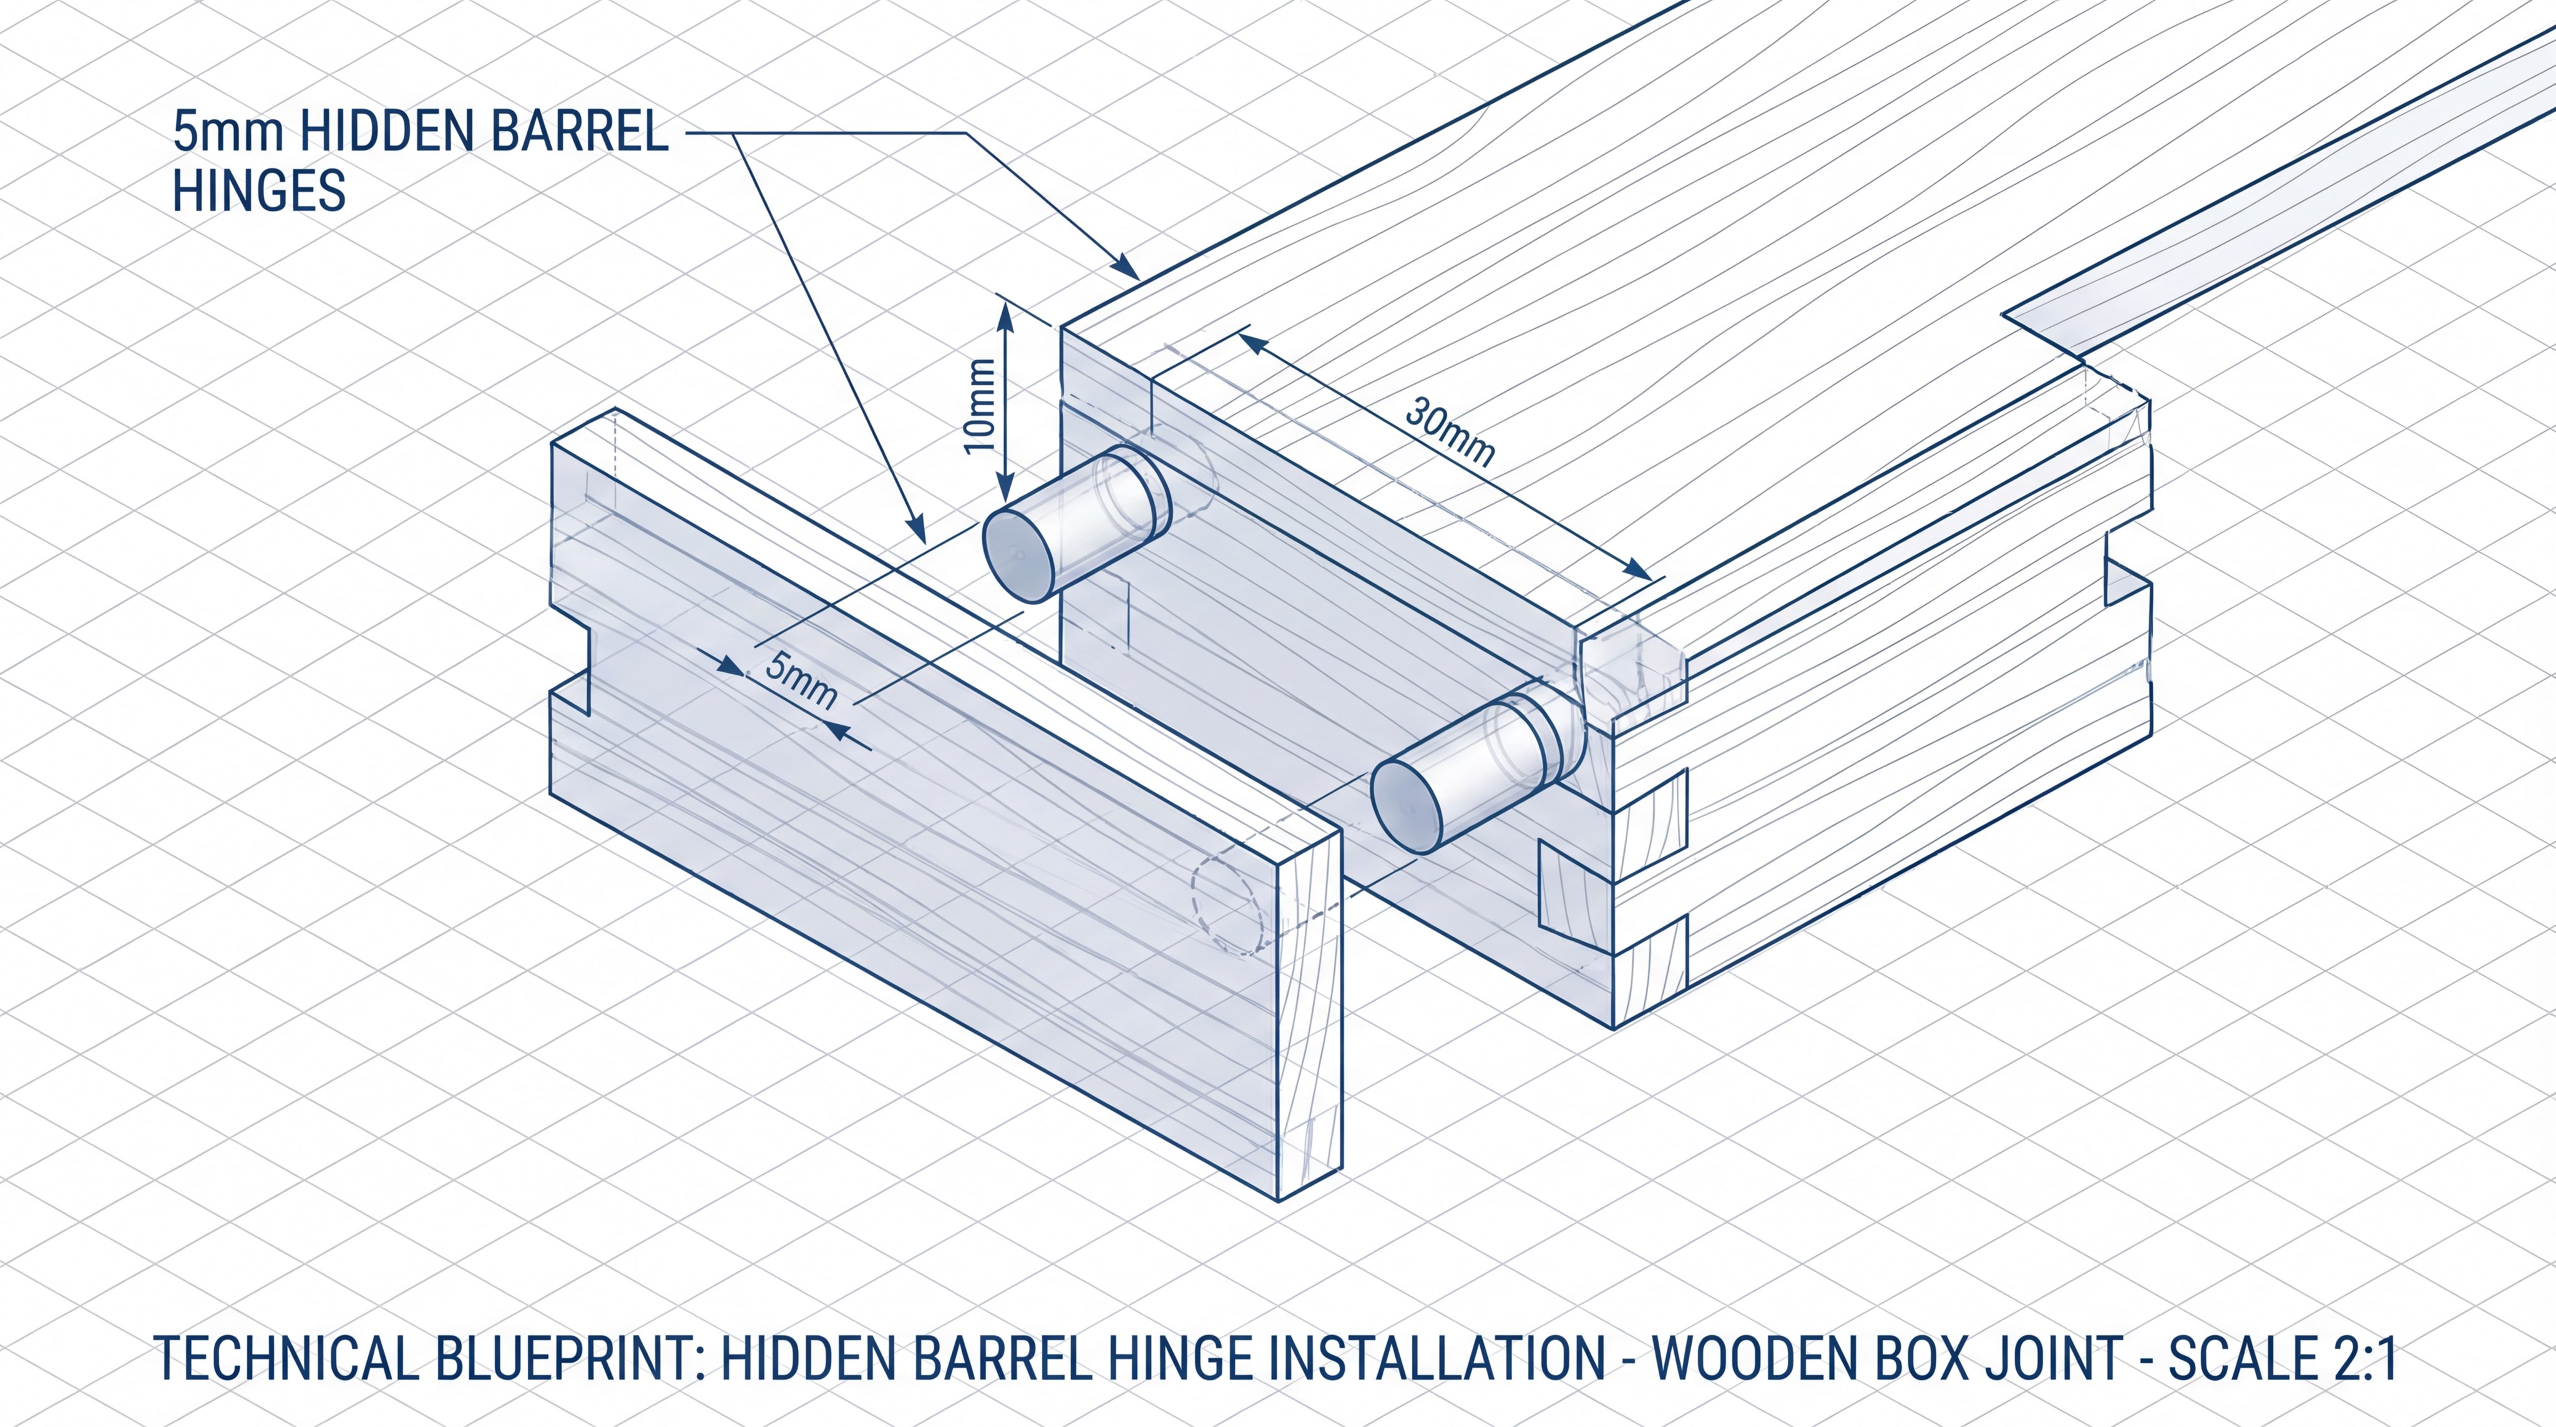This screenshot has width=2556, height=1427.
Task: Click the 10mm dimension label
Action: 980,405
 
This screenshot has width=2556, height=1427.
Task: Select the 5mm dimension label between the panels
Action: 801,681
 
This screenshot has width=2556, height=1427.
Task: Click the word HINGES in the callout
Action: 259,190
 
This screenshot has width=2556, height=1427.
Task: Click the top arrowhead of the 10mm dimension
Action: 1006,316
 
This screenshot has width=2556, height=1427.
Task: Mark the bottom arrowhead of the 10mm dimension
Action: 1006,496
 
